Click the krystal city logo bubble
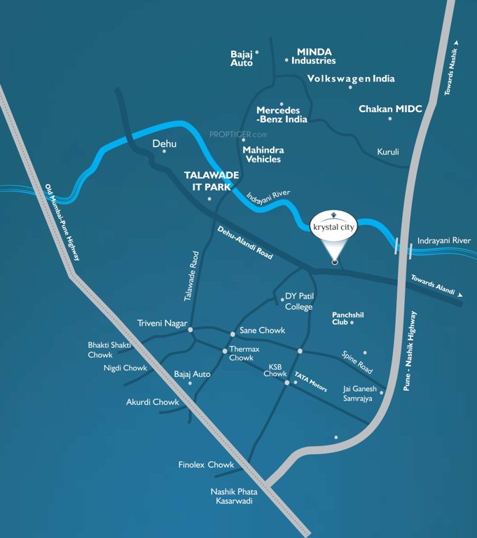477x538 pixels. pos(334,226)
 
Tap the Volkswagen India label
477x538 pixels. pos(351,78)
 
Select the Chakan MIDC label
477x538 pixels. pos(390,109)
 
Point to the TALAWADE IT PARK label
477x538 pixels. pos(212,180)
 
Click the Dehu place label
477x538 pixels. pos(165,144)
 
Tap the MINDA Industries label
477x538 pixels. pos(314,56)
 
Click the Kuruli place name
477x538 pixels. pos(388,151)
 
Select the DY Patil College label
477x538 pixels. pos(299,301)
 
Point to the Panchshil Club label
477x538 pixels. pos(347,319)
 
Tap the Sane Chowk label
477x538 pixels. pos(262,330)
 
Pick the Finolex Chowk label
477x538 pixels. pos(205,464)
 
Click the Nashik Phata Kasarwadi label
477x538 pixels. pos(234,497)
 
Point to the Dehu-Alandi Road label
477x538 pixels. pos(244,244)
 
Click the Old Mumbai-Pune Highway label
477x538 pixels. pos(62,222)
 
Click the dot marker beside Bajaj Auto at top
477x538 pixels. pos(257,52)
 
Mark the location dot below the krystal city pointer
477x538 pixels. pos(335,263)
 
